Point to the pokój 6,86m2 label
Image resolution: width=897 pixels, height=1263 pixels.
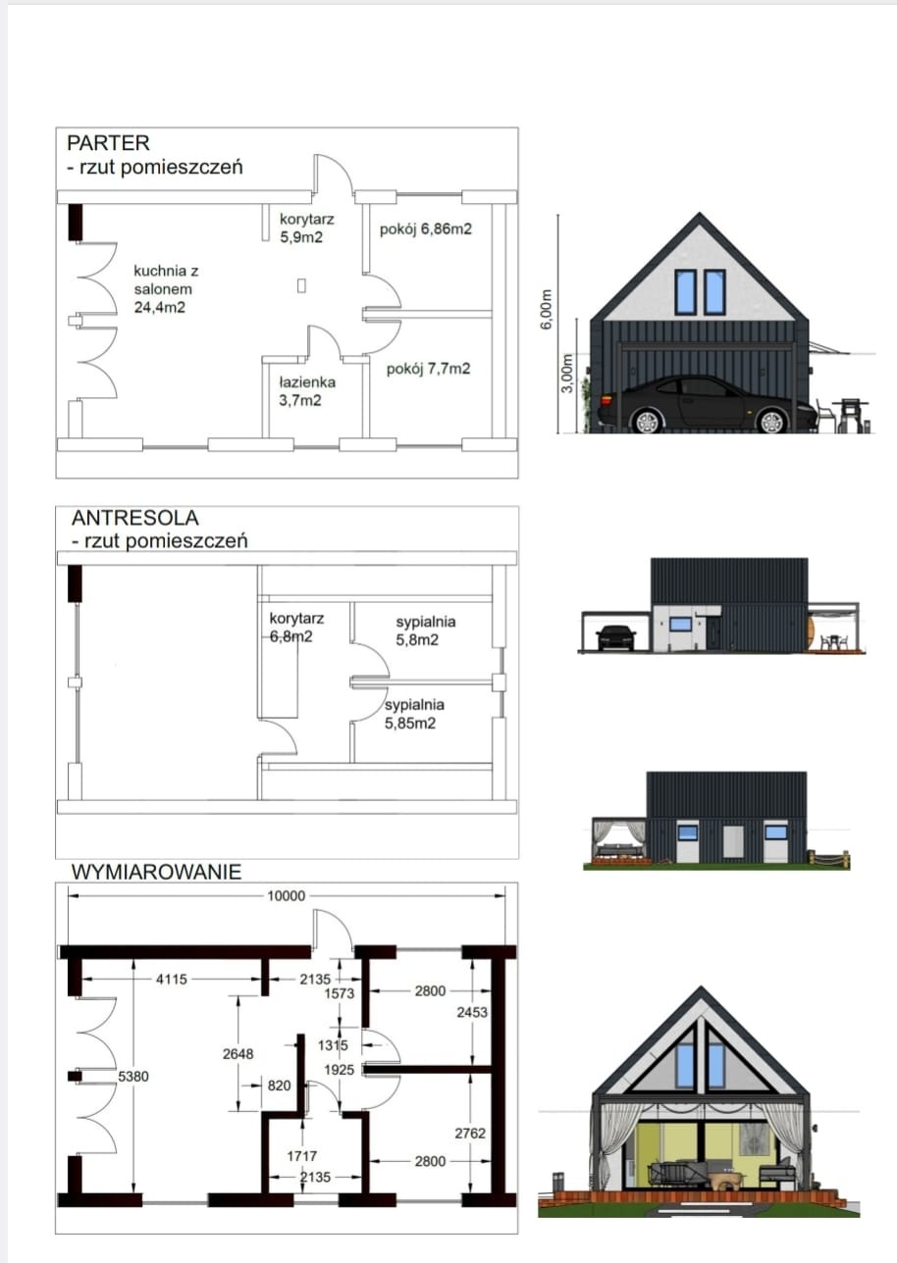(x=426, y=229)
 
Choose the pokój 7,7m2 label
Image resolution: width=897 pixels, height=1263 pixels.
(x=428, y=369)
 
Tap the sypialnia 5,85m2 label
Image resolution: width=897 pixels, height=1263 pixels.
(x=414, y=714)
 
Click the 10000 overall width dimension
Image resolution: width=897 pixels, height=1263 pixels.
(x=287, y=894)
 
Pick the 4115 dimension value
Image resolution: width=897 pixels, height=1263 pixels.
(x=171, y=979)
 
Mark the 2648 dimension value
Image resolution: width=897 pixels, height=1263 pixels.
(x=237, y=1054)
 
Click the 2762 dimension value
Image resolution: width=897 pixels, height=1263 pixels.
(x=470, y=1133)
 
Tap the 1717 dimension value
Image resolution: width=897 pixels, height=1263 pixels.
(x=301, y=1156)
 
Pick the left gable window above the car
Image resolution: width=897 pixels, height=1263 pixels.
(x=684, y=291)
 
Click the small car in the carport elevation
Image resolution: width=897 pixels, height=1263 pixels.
(x=614, y=636)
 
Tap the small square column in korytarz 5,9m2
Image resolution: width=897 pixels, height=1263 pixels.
(x=301, y=286)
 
